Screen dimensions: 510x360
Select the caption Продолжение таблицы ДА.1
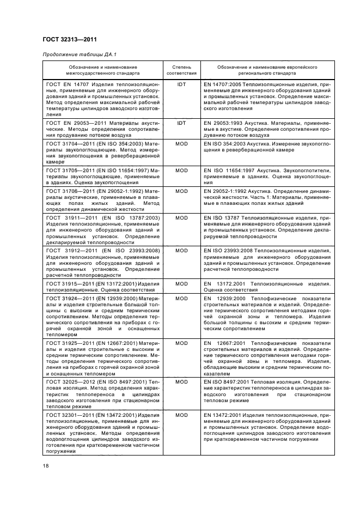tap(76, 56)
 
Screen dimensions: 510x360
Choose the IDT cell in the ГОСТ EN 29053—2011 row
tap(181, 124)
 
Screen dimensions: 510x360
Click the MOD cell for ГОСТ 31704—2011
tap(181, 143)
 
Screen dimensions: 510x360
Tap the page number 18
tap(46, 466)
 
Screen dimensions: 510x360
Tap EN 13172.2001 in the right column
tap(228, 284)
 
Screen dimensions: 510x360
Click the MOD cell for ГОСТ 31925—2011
tap(181, 343)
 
